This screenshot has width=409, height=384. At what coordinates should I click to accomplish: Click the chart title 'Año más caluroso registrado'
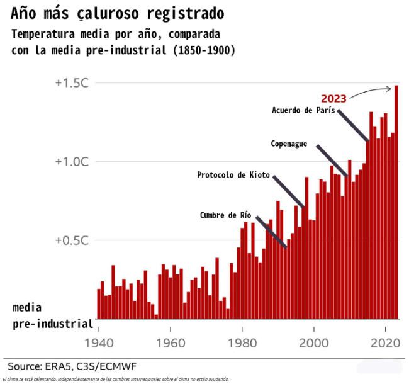coord(117,13)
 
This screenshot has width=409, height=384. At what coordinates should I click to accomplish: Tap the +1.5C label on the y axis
coord(72,83)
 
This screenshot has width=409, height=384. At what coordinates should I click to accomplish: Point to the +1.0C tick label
coord(72,162)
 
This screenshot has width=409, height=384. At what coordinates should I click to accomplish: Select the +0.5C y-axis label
coord(72,240)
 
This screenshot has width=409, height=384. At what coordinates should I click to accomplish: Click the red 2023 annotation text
coord(333,99)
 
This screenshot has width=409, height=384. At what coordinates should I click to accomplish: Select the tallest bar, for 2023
coord(396,201)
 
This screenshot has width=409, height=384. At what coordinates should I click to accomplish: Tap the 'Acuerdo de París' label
coord(303,111)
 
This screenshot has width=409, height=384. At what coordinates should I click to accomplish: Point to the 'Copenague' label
coord(289,144)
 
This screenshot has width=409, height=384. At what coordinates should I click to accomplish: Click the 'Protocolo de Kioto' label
coord(233,175)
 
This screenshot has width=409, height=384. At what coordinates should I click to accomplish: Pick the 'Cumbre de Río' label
coord(225,215)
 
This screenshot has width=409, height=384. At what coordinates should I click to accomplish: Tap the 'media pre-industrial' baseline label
coord(52,316)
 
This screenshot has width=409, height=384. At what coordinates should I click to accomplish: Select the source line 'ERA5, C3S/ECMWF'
coord(72,366)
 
